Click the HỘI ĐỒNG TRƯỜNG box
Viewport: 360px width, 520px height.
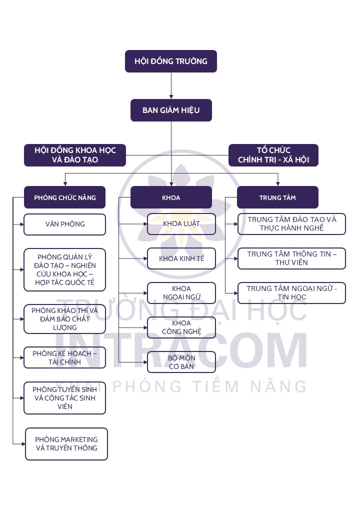(x=171, y=61)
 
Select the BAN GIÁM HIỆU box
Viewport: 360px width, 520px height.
(x=171, y=110)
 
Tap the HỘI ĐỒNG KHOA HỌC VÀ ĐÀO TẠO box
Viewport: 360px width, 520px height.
(x=75, y=155)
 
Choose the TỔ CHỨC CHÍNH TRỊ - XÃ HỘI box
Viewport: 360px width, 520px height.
(x=273, y=155)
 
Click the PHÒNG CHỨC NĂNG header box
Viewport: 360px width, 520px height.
(x=65, y=197)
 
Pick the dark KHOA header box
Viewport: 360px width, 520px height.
(x=171, y=197)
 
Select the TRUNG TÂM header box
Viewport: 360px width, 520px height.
(x=277, y=197)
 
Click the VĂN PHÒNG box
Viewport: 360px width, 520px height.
(x=65, y=224)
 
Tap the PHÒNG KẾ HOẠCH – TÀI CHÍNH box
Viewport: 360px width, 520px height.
(x=65, y=357)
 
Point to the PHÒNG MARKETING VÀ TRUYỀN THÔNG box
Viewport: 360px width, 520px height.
(x=66, y=443)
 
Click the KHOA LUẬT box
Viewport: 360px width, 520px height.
(x=181, y=223)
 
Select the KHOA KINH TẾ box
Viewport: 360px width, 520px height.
(x=181, y=258)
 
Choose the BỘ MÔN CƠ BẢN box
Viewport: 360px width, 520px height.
(x=181, y=362)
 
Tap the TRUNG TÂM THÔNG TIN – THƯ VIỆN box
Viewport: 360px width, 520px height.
(x=292, y=258)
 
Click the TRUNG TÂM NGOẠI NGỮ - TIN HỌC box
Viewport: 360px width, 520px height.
(x=292, y=293)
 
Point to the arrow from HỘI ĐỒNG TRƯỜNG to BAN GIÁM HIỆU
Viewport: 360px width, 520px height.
(x=171, y=85)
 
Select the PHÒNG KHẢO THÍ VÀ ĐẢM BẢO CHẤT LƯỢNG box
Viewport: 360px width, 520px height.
(x=65, y=319)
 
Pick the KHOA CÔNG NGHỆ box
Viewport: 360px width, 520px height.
(x=181, y=327)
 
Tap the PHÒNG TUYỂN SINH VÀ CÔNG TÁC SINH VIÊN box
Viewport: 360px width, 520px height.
(x=65, y=398)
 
